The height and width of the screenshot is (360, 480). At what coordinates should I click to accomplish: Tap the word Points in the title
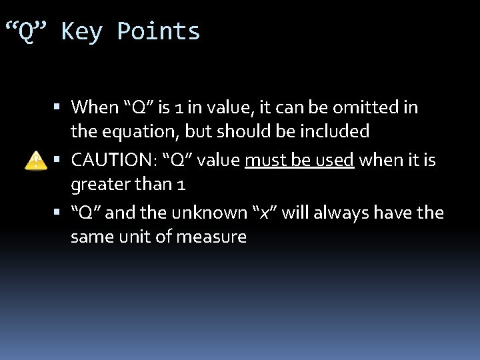158,31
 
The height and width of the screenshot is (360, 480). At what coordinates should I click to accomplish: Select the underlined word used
334,161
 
